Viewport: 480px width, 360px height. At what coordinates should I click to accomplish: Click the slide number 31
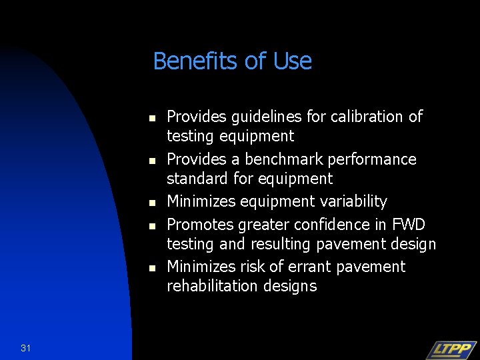click(26, 347)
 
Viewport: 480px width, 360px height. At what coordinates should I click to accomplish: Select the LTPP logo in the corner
click(451, 350)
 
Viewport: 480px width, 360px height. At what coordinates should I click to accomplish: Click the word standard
click(196, 179)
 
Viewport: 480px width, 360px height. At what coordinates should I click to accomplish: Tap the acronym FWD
click(409, 225)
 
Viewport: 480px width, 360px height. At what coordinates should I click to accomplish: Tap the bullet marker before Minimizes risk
click(152, 268)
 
